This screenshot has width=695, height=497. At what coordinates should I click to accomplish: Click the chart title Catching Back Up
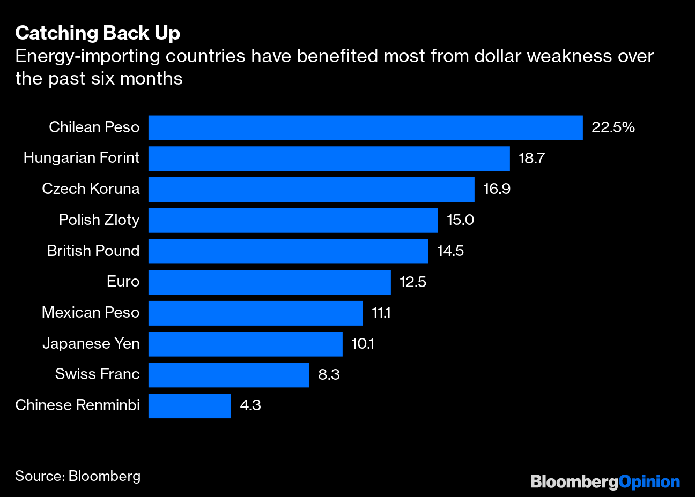98,33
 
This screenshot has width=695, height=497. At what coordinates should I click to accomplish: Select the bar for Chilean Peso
365,127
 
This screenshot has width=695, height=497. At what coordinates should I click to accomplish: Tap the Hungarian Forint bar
329,159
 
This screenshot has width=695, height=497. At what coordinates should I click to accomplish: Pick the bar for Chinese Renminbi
189,406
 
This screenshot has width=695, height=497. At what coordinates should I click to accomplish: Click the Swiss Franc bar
228,375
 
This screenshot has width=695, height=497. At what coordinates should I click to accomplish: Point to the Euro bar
269,282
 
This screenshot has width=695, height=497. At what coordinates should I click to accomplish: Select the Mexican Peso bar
255,313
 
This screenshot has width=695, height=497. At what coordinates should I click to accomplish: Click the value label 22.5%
613,127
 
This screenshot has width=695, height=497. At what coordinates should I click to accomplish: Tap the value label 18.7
531,159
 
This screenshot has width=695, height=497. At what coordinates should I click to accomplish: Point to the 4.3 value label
250,405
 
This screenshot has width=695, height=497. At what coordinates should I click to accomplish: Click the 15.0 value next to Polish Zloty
460,220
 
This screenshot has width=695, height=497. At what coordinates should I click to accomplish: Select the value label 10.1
363,344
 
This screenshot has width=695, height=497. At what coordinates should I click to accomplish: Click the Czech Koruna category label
91,189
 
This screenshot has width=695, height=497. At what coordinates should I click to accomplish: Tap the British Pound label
93,251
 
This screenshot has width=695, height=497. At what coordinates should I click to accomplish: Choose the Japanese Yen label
91,344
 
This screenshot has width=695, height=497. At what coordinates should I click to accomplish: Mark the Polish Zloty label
99,220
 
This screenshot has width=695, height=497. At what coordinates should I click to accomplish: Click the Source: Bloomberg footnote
78,476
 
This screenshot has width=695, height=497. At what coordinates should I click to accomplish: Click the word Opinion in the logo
649,482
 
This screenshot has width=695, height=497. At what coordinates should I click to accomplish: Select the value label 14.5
450,251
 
